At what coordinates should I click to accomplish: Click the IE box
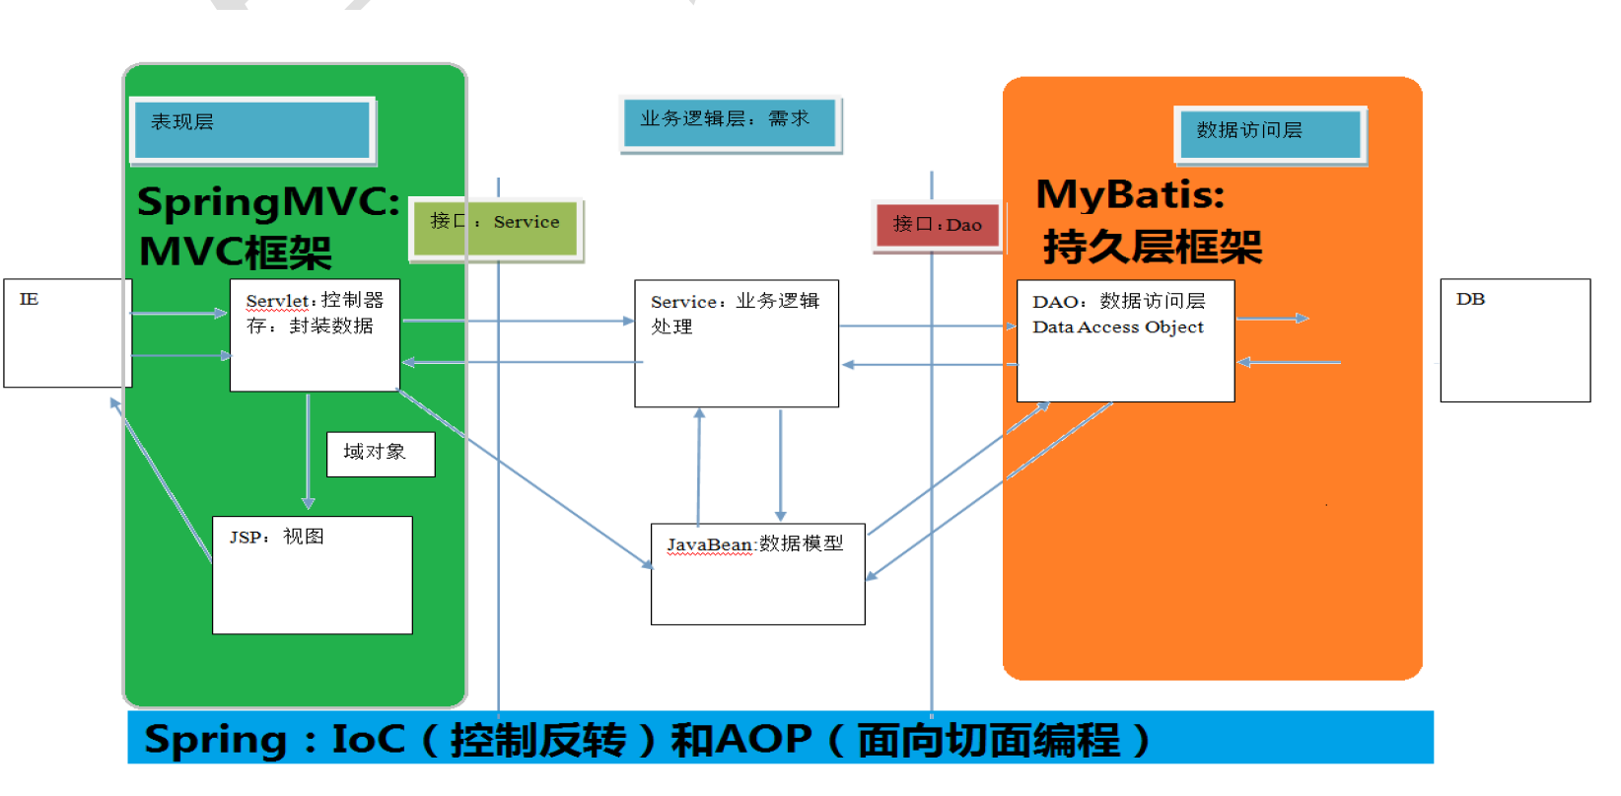(x=67, y=332)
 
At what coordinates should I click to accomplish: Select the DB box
(x=1515, y=339)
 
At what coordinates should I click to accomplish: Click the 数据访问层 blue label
(x=1269, y=133)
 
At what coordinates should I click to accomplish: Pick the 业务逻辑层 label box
(x=730, y=122)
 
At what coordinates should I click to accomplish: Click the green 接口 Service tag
(x=496, y=228)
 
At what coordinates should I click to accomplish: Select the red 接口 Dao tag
(x=937, y=226)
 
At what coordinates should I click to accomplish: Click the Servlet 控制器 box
(x=315, y=334)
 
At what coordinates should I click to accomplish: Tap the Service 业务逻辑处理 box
(x=736, y=342)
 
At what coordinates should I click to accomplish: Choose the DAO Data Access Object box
(x=1125, y=340)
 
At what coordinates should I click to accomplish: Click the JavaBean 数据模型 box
(x=757, y=573)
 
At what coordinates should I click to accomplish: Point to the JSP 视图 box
(x=312, y=574)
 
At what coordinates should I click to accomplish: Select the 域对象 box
(x=381, y=454)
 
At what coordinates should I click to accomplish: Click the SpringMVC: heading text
(x=268, y=202)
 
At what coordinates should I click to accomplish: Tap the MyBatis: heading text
(x=1130, y=195)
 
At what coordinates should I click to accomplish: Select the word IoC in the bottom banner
(x=368, y=740)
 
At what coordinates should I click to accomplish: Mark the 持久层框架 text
(x=1152, y=247)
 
